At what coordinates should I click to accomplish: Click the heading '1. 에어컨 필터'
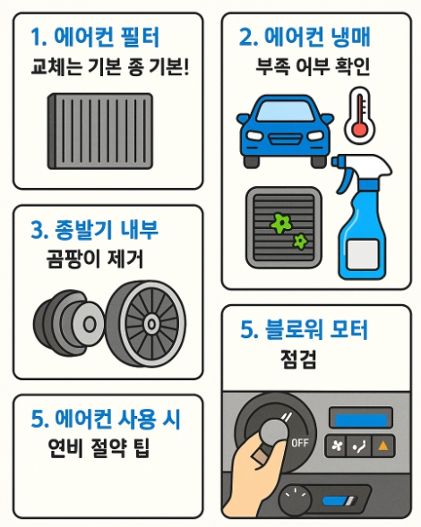tap(95, 37)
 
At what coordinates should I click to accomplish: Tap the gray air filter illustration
tap(100, 131)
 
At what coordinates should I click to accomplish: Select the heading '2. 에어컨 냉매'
tap(305, 37)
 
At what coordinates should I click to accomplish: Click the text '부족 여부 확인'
tap(313, 66)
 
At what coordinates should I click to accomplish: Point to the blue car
tap(285, 131)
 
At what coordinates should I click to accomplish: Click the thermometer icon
tap(359, 115)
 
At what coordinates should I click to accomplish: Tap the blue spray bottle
tap(363, 217)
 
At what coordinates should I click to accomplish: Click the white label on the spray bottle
tap(362, 255)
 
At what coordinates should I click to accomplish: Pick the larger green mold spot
tap(281, 223)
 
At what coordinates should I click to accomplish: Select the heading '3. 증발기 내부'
tap(94, 230)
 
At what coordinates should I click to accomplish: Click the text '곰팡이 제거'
tap(95, 259)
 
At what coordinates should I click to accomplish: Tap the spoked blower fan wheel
tap(146, 324)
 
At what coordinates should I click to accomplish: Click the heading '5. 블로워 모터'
tap(304, 329)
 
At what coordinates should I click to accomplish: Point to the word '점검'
tap(298, 360)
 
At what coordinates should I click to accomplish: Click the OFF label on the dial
tap(299, 443)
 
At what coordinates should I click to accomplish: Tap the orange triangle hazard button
tap(383, 446)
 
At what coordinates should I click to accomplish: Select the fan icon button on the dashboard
tap(336, 446)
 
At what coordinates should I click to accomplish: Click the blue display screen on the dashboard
tap(360, 420)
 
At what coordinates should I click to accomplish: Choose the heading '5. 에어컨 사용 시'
tap(106, 419)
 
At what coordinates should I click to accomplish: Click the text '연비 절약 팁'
tap(99, 448)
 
